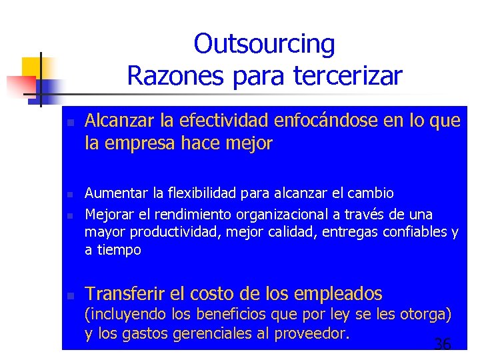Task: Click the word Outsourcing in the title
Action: coord(264,44)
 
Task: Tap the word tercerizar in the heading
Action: coord(347,76)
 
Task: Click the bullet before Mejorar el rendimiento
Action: coord(69,216)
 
